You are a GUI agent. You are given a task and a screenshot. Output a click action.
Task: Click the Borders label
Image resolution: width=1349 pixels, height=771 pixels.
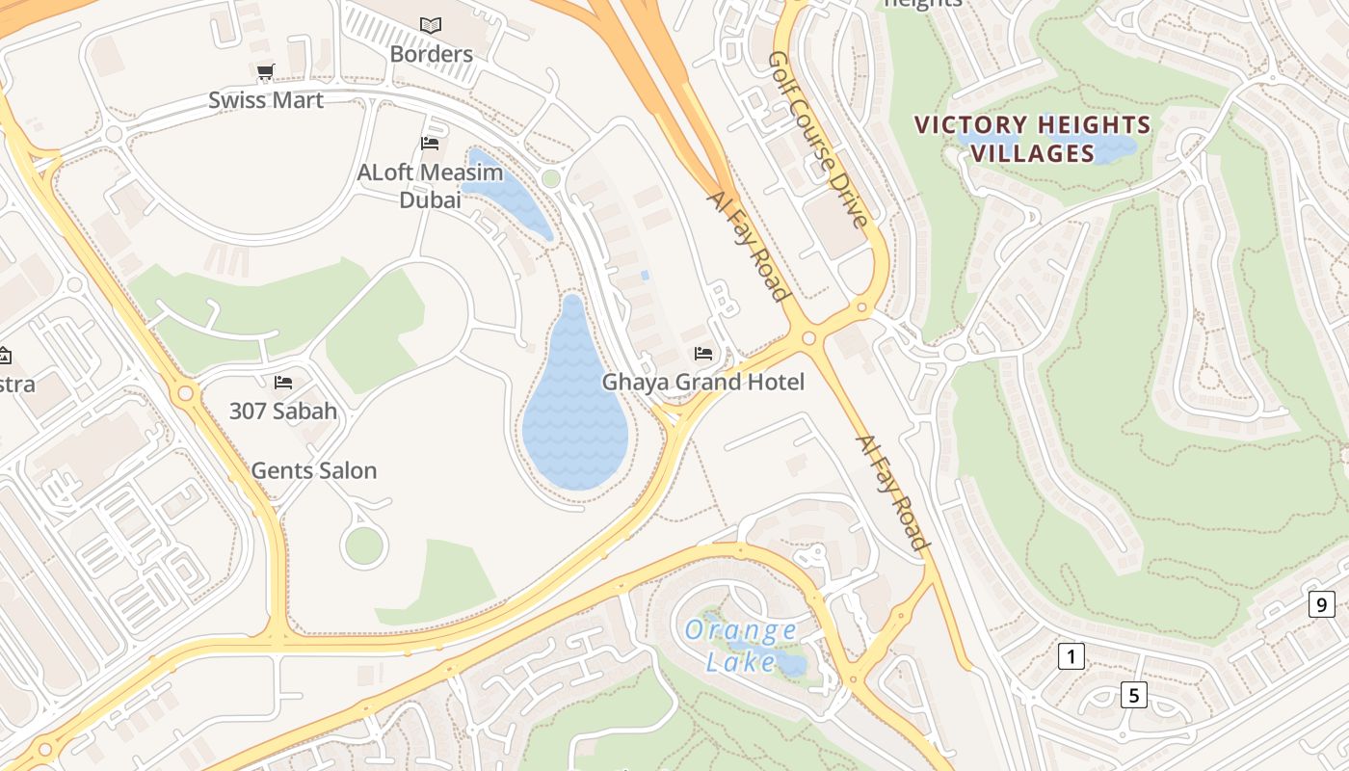point(431,54)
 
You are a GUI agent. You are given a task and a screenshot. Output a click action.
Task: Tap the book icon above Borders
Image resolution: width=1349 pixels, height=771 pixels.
point(431,25)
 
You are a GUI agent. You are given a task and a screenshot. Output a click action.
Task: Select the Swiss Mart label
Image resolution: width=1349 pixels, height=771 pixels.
point(266,100)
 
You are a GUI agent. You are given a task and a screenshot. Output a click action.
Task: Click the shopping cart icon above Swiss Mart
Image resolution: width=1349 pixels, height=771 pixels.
point(265,71)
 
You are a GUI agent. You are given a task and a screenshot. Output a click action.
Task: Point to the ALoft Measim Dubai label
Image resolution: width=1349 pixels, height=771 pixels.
point(430,186)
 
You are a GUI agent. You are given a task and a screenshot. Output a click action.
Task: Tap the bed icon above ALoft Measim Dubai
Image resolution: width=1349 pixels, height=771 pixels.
point(430,144)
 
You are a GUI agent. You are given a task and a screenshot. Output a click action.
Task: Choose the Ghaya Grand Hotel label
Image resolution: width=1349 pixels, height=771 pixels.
point(702,383)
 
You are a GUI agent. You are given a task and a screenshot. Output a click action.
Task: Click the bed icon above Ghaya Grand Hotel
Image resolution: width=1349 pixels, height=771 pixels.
point(703,354)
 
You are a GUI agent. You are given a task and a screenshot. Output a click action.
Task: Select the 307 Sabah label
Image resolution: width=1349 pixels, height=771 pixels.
point(283,412)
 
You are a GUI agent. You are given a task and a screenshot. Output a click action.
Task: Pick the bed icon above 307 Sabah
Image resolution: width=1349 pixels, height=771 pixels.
point(282,383)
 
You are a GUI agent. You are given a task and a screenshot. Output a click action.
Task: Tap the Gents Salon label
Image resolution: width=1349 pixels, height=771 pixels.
point(313,471)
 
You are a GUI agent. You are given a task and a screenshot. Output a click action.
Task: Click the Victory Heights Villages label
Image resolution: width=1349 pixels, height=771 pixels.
point(1032,139)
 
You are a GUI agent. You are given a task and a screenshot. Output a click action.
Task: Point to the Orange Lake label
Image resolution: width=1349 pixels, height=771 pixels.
point(740,646)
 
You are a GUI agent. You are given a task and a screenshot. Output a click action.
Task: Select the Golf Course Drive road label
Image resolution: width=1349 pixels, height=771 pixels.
point(818,140)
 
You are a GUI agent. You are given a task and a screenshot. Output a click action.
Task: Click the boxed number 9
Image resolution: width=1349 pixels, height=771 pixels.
point(1321,605)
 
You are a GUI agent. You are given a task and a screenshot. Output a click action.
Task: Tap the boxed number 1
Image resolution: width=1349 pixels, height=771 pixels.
point(1071,657)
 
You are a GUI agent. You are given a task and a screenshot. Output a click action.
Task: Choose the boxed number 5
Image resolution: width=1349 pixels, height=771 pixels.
point(1133,694)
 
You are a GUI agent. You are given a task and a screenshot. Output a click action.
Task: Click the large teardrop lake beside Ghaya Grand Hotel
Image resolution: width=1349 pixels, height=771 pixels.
point(574,414)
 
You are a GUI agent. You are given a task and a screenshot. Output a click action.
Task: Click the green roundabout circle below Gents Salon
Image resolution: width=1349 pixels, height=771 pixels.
point(363,546)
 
